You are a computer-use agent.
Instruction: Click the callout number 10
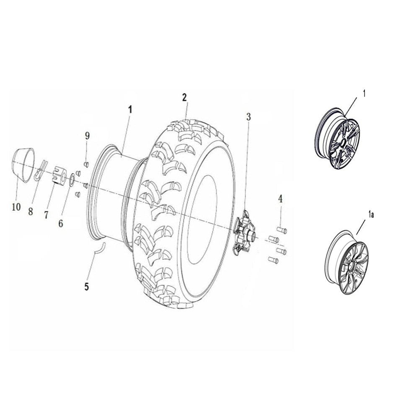(x=16, y=207)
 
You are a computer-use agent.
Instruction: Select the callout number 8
(x=31, y=212)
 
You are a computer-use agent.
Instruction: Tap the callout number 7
(x=46, y=215)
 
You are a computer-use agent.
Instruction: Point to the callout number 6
(x=61, y=223)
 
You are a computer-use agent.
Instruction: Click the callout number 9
(x=87, y=135)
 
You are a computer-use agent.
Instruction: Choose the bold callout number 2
(x=184, y=98)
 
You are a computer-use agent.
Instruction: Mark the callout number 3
(x=248, y=117)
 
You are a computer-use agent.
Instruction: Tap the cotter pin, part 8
(x=41, y=169)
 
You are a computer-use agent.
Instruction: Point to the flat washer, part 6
(x=72, y=179)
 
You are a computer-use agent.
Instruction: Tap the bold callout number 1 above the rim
(x=130, y=109)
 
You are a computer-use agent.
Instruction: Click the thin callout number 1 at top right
(x=364, y=94)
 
